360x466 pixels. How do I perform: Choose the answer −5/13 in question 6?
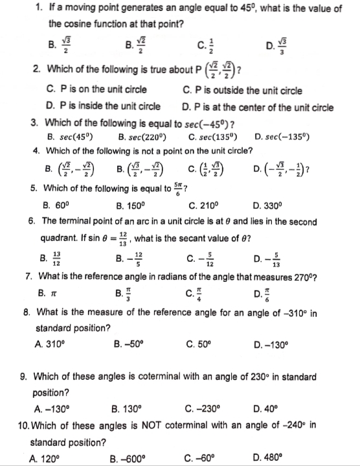click(x=282, y=261)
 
